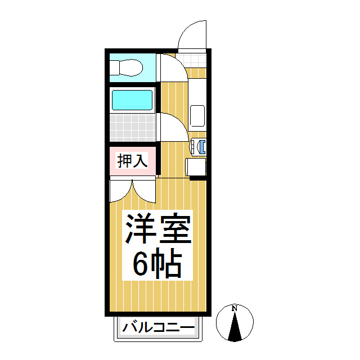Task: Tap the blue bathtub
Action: [x=132, y=100]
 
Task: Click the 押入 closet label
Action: [x=132, y=161]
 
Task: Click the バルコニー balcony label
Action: [x=159, y=327]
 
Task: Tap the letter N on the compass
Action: [x=235, y=308]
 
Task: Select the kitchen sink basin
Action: [x=197, y=116]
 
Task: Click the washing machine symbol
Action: [x=200, y=146]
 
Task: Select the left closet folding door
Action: [x=120, y=190]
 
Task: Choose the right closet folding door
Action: [x=144, y=190]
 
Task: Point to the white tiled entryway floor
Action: [x=192, y=60]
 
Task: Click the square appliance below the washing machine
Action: [x=196, y=167]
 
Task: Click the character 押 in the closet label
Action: [x=124, y=161]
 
